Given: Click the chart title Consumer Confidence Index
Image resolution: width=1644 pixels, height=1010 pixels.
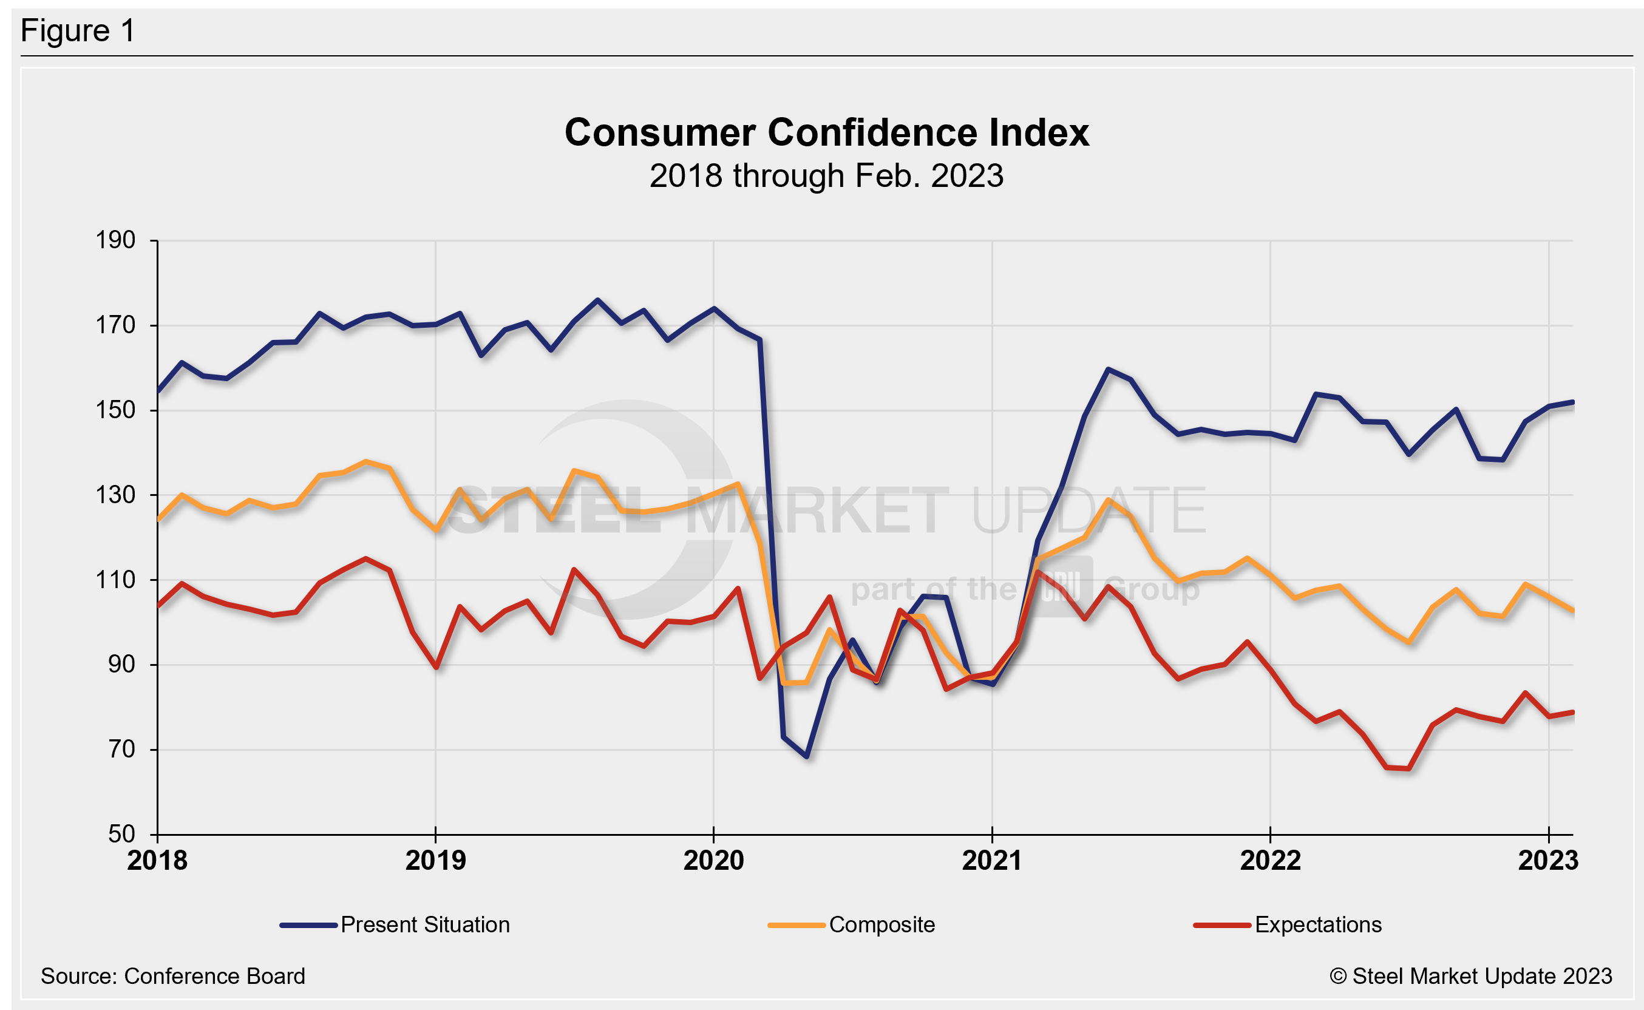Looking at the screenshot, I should pos(826,132).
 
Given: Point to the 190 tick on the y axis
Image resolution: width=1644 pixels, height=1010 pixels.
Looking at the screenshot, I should pos(115,240).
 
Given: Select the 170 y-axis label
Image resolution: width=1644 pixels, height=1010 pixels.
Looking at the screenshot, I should pos(115,325).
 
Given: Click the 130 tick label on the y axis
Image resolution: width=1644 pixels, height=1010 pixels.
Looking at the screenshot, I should pos(115,495).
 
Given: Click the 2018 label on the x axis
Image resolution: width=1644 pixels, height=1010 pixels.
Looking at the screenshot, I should pos(157,860).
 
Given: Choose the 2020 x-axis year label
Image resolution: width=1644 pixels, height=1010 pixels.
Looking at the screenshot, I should pos(713,860).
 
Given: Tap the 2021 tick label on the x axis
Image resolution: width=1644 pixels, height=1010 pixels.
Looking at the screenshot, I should pos(992,860).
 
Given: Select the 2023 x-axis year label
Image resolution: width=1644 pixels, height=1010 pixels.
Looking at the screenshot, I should pos(1548,860).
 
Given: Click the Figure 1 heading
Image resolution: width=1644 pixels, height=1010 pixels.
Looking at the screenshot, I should pos(78,31).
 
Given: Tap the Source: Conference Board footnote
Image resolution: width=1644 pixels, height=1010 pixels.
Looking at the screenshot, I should pos(173,976).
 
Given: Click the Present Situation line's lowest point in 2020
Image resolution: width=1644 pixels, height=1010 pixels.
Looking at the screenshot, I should pos(807,757).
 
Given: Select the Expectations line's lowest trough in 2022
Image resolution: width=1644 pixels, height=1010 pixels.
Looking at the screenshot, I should pos(1409,769).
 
